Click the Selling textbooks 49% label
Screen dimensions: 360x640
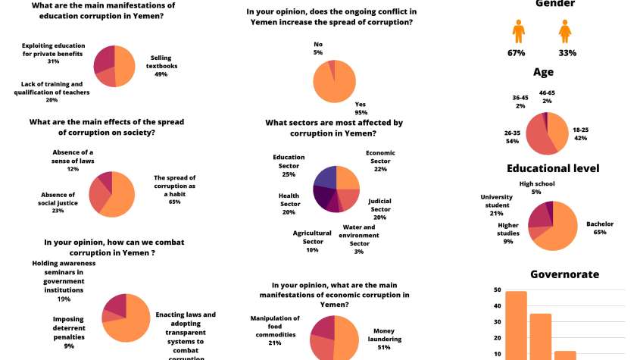161,66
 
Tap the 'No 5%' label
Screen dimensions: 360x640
318,48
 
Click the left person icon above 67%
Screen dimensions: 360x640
518,33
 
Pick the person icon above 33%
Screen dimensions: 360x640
565,33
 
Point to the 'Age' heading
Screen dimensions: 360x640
543,72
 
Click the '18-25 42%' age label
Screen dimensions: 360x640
581,134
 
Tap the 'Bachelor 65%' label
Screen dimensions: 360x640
600,227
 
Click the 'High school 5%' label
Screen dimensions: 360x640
537,187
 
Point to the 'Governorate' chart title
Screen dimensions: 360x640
564,274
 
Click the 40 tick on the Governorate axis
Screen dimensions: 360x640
496,306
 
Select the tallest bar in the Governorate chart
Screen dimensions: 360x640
516,325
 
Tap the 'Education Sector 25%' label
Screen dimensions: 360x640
289,165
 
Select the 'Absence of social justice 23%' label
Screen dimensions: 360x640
58,202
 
